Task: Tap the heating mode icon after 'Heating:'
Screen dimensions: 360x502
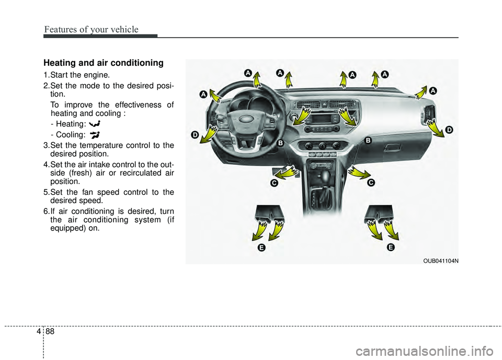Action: [95, 124]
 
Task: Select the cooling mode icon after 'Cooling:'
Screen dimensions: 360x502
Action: [94, 134]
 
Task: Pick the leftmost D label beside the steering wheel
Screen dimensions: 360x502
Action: [195, 135]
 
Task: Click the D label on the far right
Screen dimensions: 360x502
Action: [449, 129]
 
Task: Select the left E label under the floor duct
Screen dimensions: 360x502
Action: [260, 247]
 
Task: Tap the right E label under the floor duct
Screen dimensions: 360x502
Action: [390, 247]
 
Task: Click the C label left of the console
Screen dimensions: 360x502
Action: [273, 183]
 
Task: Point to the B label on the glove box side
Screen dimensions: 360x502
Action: [368, 140]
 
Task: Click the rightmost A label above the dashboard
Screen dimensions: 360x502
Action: [433, 91]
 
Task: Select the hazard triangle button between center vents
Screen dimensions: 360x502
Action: [323, 104]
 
